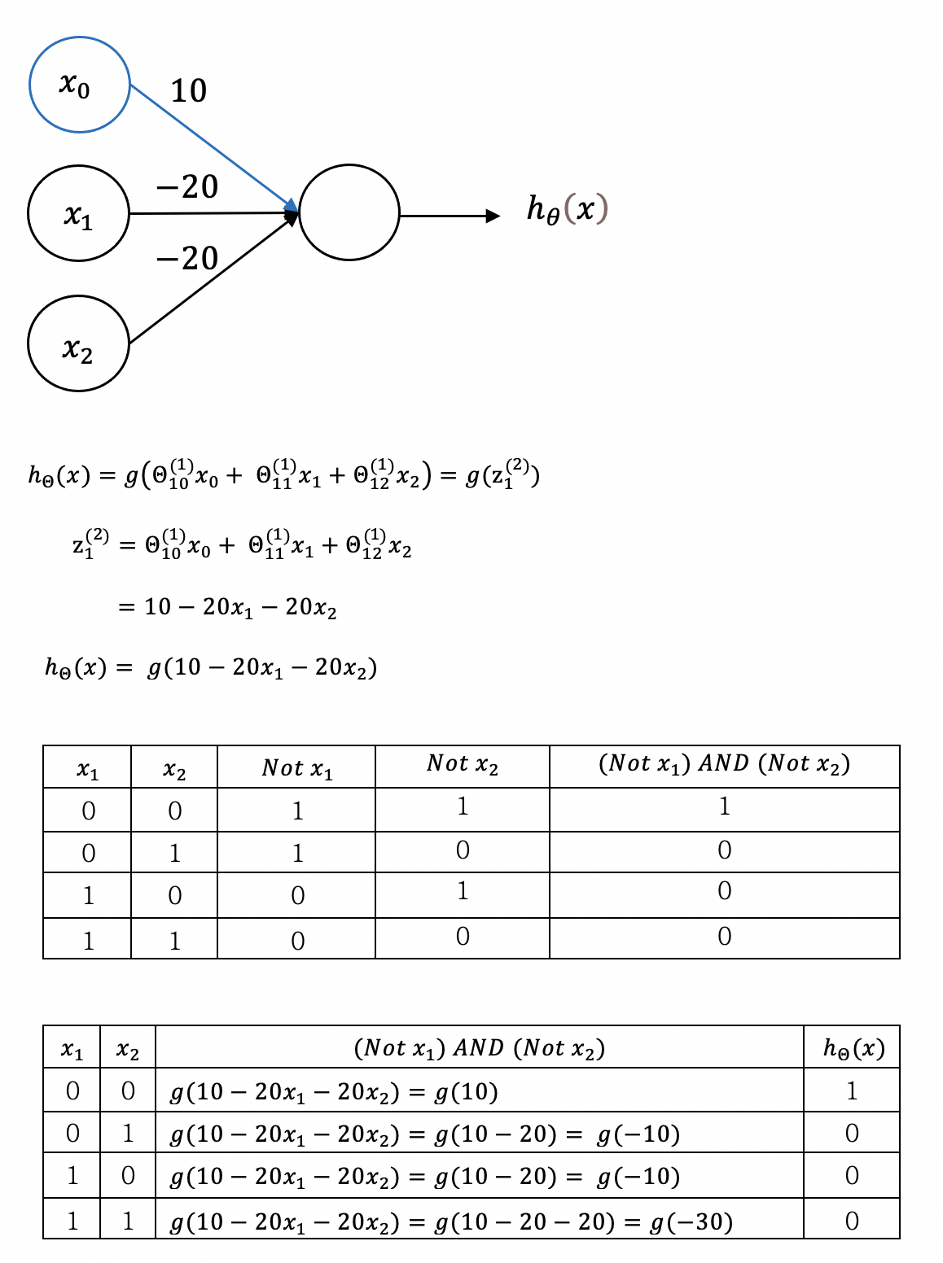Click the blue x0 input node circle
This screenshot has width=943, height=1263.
(80, 85)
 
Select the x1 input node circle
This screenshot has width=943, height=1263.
(79, 213)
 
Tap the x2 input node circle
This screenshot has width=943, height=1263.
(79, 343)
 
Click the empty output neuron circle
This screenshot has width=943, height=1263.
(349, 212)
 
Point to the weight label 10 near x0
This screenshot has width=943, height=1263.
(189, 91)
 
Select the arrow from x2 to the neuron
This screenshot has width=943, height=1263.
(212, 281)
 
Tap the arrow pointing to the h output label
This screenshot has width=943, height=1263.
(450, 216)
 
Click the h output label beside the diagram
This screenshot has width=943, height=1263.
(568, 210)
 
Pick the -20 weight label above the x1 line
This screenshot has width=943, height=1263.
(187, 187)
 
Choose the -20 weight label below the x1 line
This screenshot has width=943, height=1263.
(187, 259)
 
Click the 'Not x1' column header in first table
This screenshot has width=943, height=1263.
(297, 768)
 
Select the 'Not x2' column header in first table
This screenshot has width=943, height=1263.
(462, 765)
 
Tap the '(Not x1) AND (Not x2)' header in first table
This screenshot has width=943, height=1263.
(724, 764)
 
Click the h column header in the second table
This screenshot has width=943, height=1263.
(853, 1048)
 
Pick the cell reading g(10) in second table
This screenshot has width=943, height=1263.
(334, 1091)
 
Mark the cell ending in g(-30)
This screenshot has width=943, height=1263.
(451, 1221)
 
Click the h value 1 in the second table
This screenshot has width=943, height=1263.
(852, 1090)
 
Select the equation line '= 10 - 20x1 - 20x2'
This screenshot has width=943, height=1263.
(228, 608)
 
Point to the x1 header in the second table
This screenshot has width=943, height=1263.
(72, 1051)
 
